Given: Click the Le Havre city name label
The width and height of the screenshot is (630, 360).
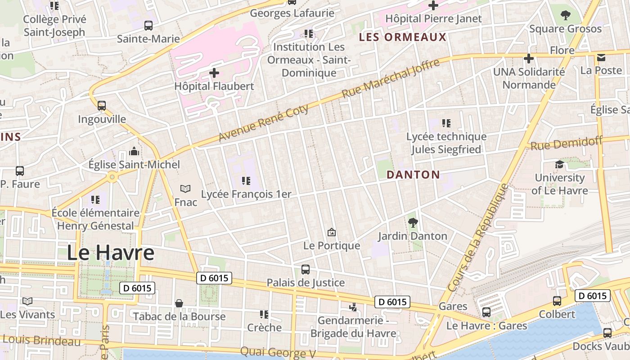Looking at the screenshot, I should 111,253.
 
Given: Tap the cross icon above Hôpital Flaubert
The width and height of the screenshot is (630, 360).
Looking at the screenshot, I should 215,72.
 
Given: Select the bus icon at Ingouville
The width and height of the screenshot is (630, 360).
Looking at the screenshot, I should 102,106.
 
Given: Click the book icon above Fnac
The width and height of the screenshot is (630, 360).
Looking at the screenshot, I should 185,189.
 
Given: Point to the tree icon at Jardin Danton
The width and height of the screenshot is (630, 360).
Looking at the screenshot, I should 412,222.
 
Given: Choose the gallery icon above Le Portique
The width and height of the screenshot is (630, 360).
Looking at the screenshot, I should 332,232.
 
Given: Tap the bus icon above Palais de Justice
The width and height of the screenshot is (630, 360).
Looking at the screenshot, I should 305,270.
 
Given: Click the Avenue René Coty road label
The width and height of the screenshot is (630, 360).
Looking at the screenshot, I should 264,123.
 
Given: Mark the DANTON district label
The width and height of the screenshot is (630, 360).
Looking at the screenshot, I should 413,175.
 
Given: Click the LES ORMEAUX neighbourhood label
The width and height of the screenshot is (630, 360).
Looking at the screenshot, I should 402,37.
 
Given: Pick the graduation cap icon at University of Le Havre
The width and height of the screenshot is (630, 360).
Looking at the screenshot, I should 559,164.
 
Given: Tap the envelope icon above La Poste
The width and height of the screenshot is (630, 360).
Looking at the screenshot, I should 601,58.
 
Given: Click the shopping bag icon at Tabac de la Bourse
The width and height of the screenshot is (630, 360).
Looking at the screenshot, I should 179,303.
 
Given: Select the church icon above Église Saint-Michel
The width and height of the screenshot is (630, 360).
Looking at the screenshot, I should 134,151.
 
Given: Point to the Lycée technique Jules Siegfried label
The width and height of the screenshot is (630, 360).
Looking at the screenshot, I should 446,143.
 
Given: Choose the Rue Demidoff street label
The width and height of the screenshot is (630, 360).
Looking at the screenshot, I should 566,144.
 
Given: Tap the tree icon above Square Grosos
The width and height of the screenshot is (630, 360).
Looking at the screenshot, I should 565,15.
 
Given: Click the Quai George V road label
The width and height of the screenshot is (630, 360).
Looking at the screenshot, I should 278,352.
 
